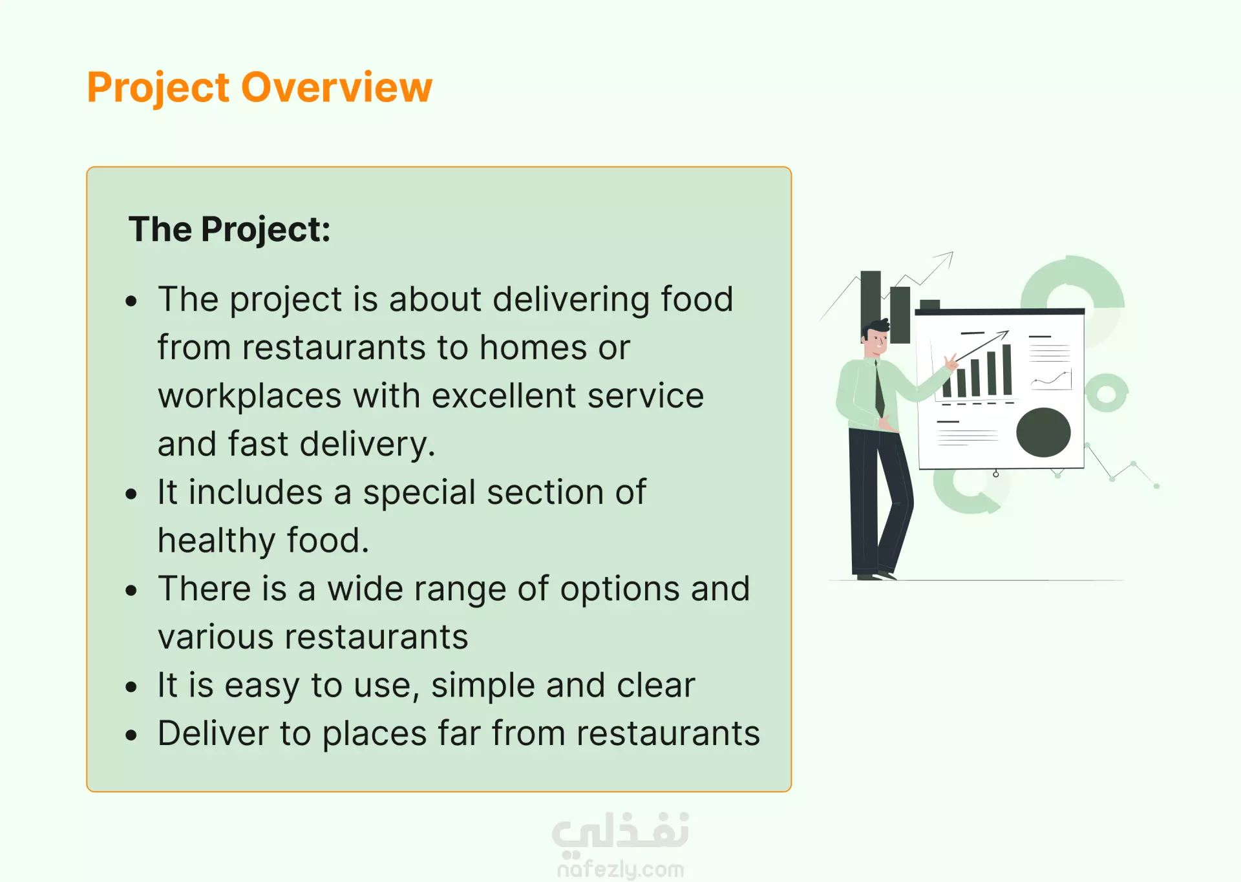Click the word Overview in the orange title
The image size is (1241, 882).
pyautogui.click(x=337, y=87)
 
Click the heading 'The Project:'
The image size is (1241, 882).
pyautogui.click(x=229, y=230)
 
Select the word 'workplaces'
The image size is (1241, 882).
pyautogui.click(x=249, y=396)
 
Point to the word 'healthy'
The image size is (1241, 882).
pyautogui.click(x=217, y=541)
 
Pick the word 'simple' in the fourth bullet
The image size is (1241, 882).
pyautogui.click(x=483, y=686)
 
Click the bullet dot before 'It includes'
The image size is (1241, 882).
pyautogui.click(x=132, y=494)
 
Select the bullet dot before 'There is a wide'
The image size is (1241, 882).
pyautogui.click(x=132, y=591)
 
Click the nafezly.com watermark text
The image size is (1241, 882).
pyautogui.click(x=620, y=869)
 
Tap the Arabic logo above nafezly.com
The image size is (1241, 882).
pyautogui.click(x=620, y=832)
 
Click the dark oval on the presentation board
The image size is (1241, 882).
pyautogui.click(x=1043, y=432)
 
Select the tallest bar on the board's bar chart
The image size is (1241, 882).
pyautogui.click(x=1007, y=370)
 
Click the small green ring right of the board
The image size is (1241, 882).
pyautogui.click(x=1107, y=393)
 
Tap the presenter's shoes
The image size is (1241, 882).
pyautogui.click(x=875, y=575)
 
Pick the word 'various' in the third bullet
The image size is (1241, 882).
pyautogui.click(x=215, y=638)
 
